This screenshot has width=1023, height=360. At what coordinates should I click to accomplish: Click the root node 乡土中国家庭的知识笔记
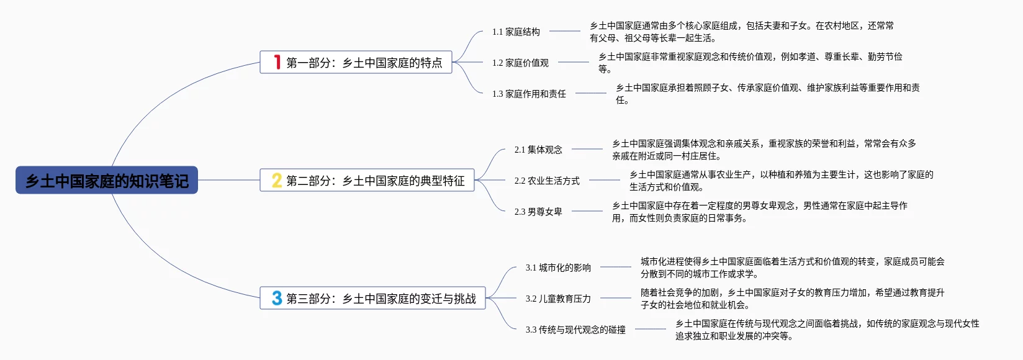pyautogui.click(x=107, y=181)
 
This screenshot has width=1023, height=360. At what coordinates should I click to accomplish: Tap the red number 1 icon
pyautogui.click(x=277, y=62)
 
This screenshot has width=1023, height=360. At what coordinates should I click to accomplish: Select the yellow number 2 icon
pyautogui.click(x=277, y=180)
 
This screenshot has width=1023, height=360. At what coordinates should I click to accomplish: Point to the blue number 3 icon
pyautogui.click(x=277, y=298)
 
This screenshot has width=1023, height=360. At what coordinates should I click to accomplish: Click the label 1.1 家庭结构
pyautogui.click(x=516, y=32)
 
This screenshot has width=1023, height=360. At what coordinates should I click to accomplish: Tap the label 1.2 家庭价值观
pyautogui.click(x=520, y=63)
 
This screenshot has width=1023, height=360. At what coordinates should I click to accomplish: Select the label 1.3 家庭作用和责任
pyautogui.click(x=529, y=94)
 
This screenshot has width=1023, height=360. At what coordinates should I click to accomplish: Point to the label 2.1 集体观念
pyautogui.click(x=538, y=150)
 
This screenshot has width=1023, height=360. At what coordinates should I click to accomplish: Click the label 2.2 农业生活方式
pyautogui.click(x=547, y=181)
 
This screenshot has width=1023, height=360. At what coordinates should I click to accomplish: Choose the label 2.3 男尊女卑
pyautogui.click(x=538, y=212)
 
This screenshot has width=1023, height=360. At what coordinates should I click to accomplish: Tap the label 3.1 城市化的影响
pyautogui.click(x=558, y=268)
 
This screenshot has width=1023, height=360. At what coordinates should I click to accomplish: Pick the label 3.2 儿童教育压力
pyautogui.click(x=558, y=299)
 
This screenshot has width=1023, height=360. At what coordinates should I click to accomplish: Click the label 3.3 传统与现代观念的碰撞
pyautogui.click(x=575, y=330)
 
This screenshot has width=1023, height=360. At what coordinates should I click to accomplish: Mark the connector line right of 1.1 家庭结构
pyautogui.click(x=565, y=31)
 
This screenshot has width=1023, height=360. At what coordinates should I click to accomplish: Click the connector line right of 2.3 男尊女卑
pyautogui.click(x=587, y=211)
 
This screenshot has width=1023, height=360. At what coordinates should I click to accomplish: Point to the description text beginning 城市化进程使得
pyautogui.click(x=792, y=268)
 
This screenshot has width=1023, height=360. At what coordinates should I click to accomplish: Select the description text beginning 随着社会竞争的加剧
pyautogui.click(x=792, y=299)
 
